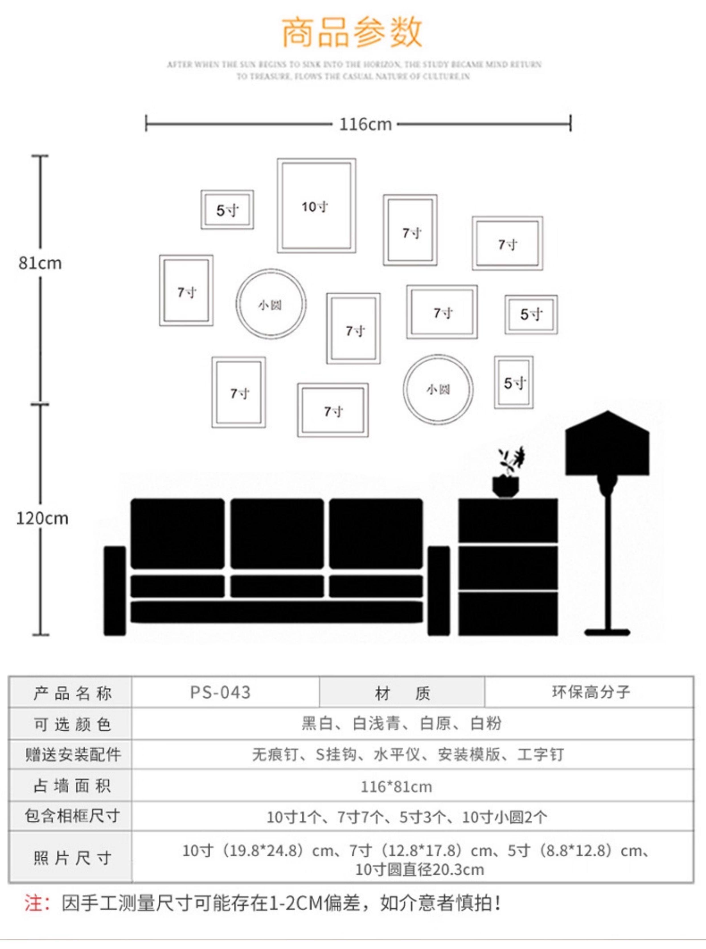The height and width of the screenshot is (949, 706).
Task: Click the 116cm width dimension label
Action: pos(366,124)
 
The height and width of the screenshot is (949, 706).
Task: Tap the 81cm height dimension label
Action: pos(40,263)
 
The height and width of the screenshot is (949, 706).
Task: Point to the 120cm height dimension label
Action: pos(42,518)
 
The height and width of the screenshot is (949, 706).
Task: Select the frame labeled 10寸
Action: pos(316,206)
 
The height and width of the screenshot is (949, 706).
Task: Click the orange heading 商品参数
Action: pos(352,32)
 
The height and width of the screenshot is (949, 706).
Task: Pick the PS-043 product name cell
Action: pos(221,692)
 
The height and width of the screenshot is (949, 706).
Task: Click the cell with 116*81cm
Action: pos(396,787)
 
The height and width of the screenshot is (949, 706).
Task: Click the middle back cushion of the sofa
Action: pos(277,533)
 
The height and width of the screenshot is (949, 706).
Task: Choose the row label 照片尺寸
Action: pos(72,858)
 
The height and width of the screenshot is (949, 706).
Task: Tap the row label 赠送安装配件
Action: pos(72,754)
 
